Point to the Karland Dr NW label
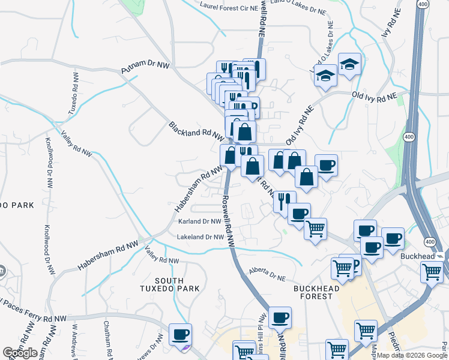[200, 221]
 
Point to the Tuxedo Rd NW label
[73, 95]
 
